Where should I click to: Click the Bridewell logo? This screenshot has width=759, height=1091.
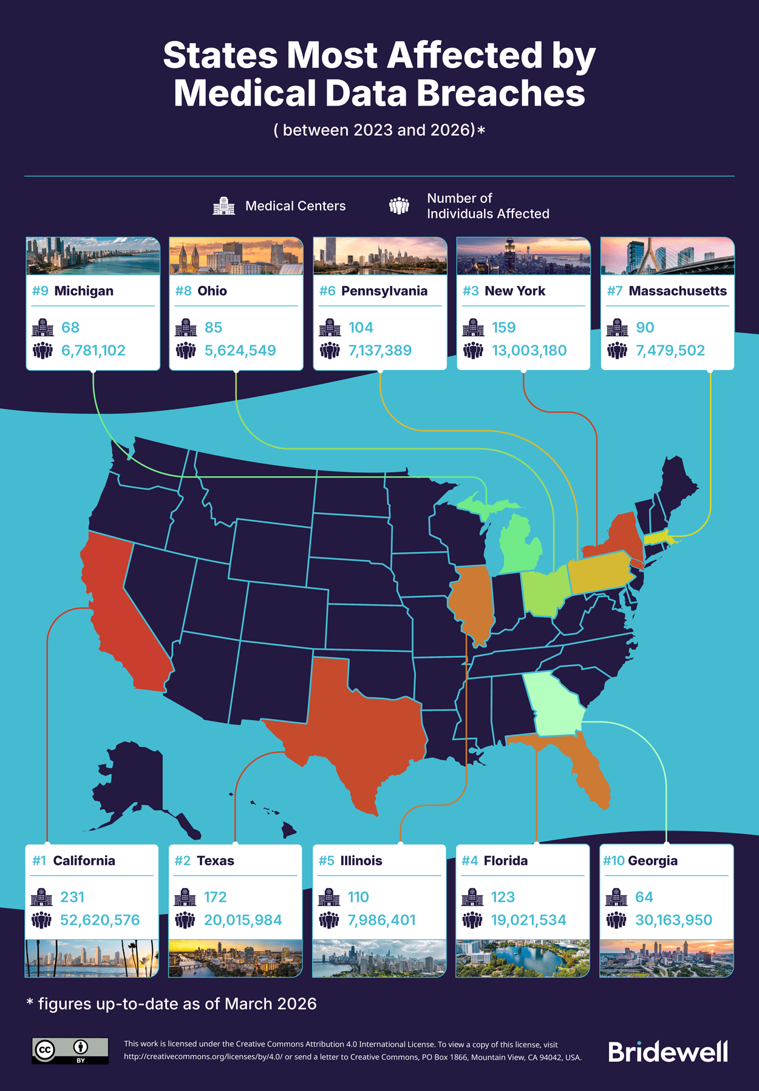(x=668, y=1052)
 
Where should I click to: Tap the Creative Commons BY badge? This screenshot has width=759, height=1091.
(x=70, y=1050)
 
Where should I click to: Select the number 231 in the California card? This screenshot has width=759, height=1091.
(x=72, y=897)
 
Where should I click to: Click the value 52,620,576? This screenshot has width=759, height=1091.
(x=100, y=920)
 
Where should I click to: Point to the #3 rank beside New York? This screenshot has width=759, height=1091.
(x=471, y=291)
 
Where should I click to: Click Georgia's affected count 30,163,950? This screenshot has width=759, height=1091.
(x=673, y=920)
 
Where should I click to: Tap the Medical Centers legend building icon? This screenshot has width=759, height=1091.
(x=223, y=206)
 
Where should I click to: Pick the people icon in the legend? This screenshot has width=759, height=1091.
(x=399, y=206)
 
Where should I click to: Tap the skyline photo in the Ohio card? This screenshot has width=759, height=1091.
(x=236, y=256)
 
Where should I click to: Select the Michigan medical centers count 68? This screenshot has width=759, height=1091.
(x=70, y=328)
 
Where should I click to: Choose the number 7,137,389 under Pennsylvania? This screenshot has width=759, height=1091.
(x=380, y=350)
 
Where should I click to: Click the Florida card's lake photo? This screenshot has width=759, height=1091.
(x=522, y=958)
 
